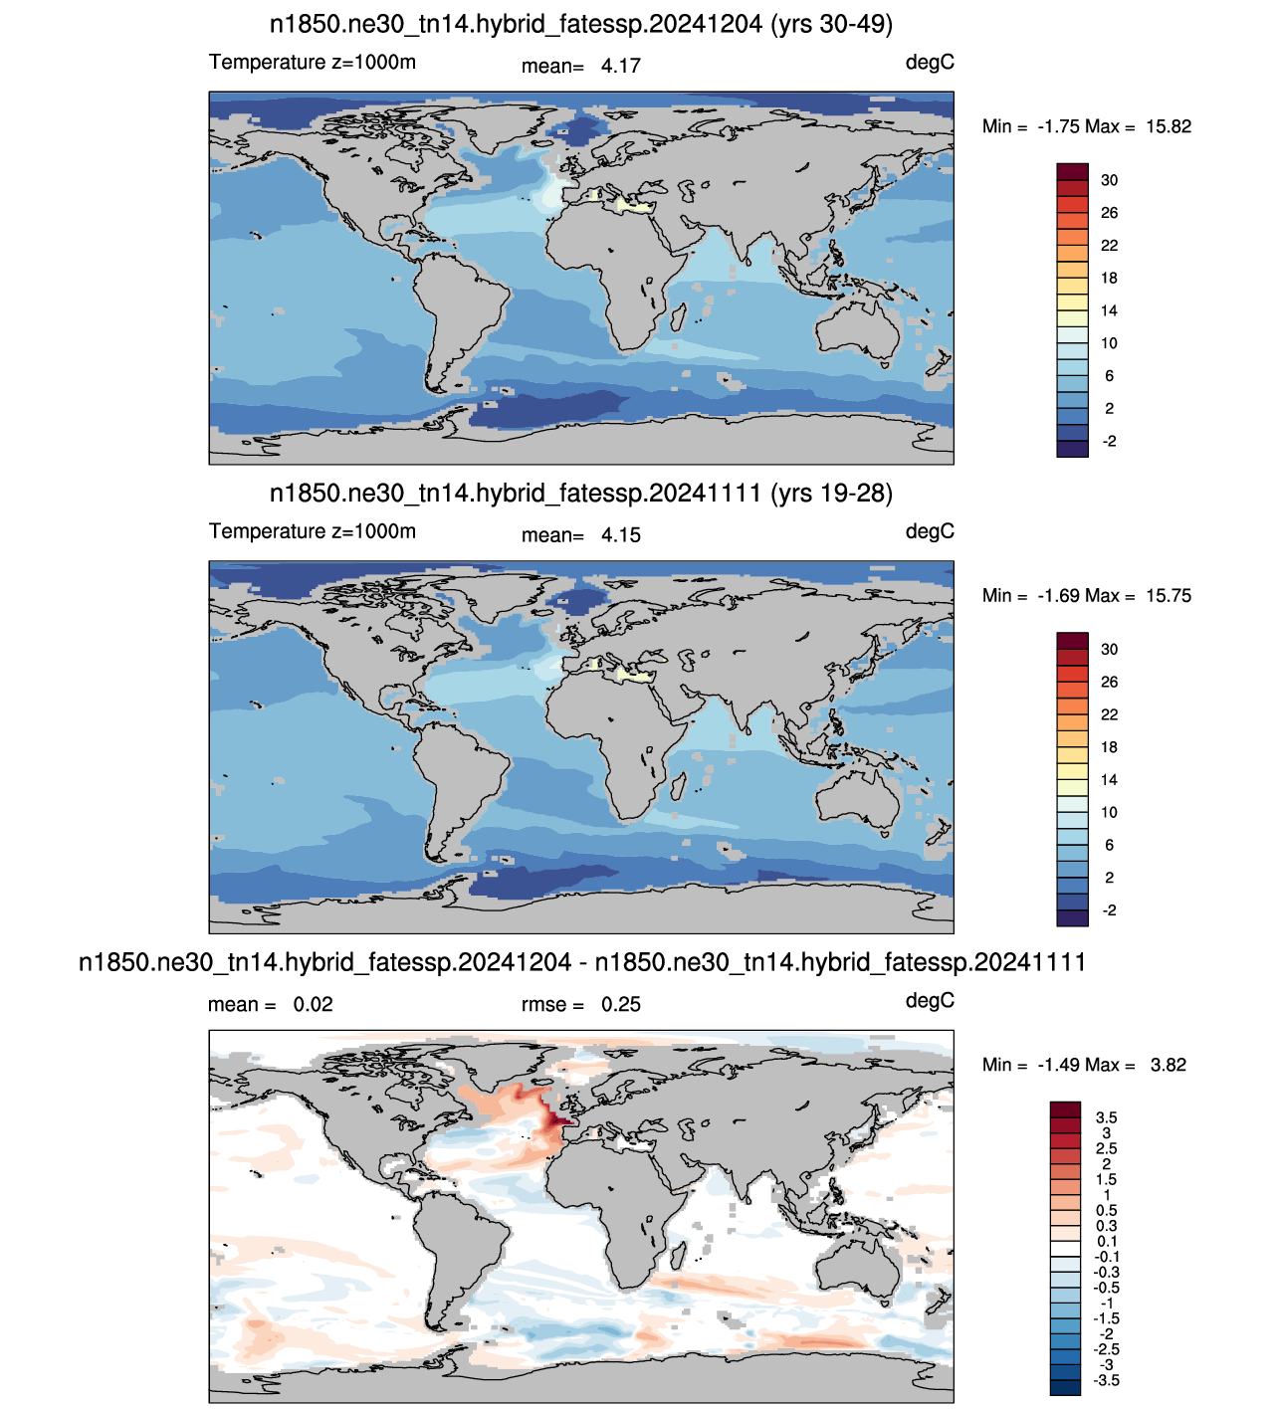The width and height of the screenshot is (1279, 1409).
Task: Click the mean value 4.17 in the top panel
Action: click(620, 66)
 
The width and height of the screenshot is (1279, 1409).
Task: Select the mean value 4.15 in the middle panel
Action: click(620, 535)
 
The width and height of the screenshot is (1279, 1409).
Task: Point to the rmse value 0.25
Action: click(620, 1004)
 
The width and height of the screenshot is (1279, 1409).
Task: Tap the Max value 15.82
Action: click(1168, 126)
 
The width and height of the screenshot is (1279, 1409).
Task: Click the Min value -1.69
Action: click(1059, 596)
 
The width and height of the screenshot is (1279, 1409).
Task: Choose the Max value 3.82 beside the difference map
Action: click(1168, 1065)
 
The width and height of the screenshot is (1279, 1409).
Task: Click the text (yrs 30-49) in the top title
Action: click(831, 25)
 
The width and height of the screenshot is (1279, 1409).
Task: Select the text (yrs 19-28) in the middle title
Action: click(831, 494)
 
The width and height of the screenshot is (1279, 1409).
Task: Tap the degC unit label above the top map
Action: click(930, 63)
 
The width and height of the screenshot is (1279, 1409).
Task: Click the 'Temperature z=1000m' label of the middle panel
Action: click(312, 531)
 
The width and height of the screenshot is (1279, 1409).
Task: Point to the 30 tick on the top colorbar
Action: click(1109, 180)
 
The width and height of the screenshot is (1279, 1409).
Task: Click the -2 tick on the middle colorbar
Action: click(1109, 910)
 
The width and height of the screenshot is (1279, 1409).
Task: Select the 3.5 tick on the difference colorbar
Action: click(1106, 1117)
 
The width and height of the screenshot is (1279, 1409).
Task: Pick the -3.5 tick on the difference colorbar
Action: click(1106, 1380)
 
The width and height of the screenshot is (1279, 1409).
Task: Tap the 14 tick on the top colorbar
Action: click(1109, 310)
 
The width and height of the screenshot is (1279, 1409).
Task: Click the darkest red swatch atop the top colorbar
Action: click(1072, 172)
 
